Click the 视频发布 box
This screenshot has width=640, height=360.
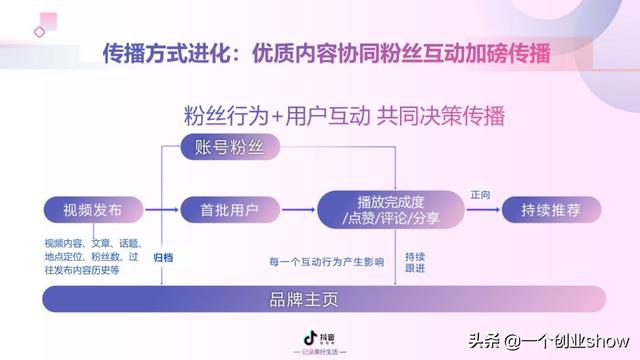pyautogui.click(x=92, y=210)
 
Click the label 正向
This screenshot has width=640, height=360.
pyautogui.click(x=480, y=195)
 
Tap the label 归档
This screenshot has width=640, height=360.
pyautogui.click(x=163, y=257)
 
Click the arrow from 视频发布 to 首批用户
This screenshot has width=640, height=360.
pyautogui.click(x=158, y=210)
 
